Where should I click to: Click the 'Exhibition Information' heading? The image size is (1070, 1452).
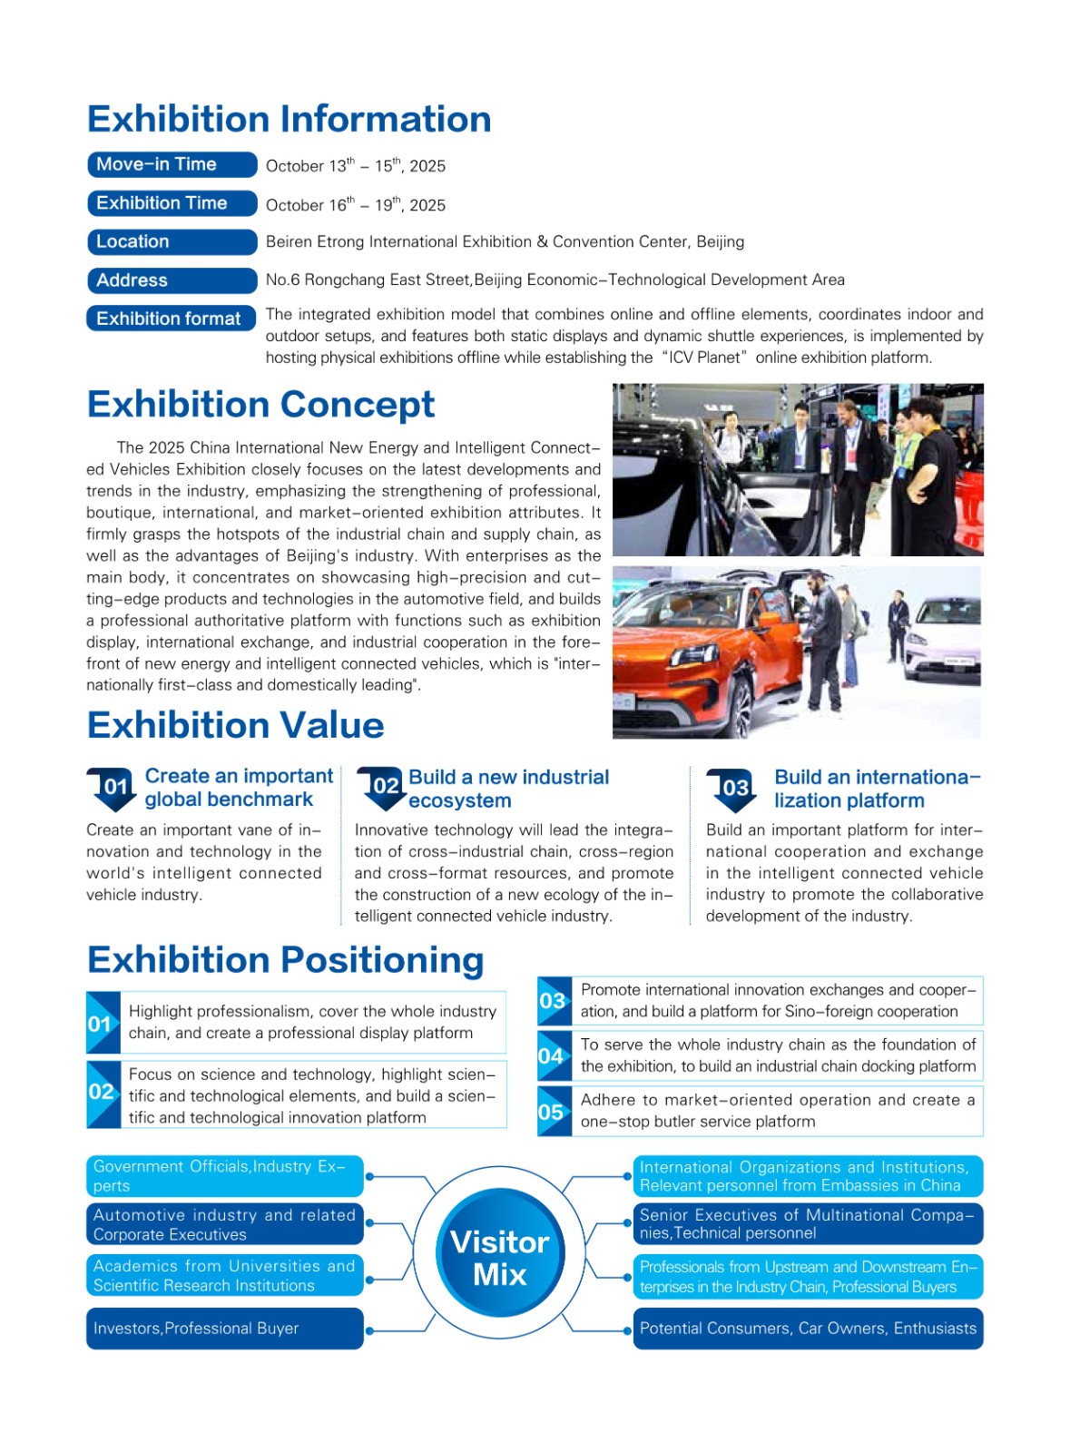point(289,119)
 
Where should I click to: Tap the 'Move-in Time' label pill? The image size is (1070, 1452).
point(172,164)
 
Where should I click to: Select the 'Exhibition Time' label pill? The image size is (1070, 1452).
point(172,203)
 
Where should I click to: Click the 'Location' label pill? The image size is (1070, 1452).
point(172,241)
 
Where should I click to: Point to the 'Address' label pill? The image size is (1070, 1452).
point(172,280)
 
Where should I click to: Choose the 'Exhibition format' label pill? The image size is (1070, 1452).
point(172,319)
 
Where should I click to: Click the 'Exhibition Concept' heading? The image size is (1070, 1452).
point(260,405)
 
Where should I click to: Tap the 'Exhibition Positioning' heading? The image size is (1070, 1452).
point(285,960)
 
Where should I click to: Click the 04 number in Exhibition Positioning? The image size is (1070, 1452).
point(553,1056)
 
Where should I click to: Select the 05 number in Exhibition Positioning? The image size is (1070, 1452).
point(553,1112)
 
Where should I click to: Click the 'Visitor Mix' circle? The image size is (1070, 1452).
point(500,1258)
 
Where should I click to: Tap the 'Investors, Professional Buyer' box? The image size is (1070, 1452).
point(224,1329)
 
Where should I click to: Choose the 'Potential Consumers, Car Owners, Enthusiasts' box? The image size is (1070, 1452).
point(808,1329)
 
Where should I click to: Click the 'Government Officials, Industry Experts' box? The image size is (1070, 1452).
point(224,1176)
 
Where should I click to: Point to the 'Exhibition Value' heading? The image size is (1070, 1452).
point(235,725)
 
